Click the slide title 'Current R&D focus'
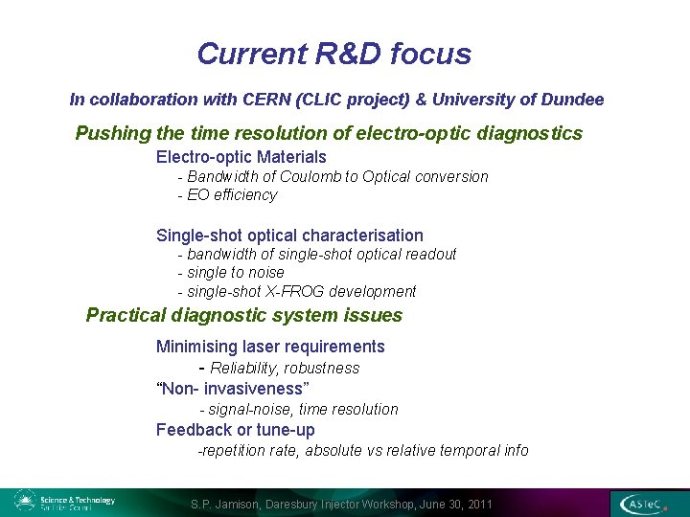point(333,54)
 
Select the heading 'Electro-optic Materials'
point(241,157)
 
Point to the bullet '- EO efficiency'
point(227,195)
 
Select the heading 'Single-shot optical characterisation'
point(289,236)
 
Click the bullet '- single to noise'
point(231,273)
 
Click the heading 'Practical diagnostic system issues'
point(243,316)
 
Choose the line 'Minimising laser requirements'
point(270,347)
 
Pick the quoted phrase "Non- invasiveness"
point(232,388)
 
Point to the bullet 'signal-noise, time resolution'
point(302,410)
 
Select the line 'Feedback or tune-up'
point(235,430)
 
